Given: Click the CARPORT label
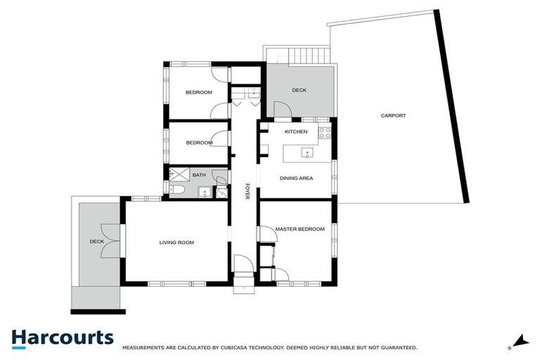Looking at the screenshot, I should [393, 116].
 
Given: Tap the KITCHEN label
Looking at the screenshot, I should [295, 131].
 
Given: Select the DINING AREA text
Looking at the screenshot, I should [296, 178].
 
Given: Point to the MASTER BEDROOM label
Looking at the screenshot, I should [300, 229].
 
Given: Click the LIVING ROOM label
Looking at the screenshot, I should [176, 243].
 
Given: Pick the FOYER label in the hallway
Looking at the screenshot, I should [247, 191].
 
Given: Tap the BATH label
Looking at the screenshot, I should [189, 174].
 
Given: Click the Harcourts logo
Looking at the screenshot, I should [62, 337].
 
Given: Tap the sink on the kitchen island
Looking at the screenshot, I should [307, 152].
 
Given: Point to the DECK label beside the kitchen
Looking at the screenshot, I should [300, 90].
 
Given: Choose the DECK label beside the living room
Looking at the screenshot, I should [97, 242].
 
